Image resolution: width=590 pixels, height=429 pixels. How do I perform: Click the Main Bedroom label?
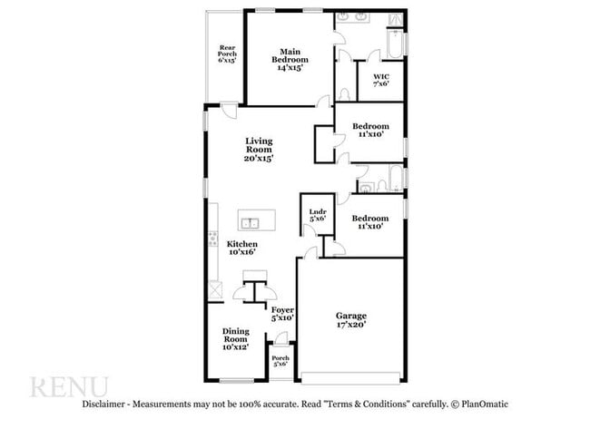(x=290, y=56)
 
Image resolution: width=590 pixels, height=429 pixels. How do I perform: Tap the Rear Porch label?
(x=227, y=54)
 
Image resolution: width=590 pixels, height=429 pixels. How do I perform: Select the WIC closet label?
(x=381, y=76)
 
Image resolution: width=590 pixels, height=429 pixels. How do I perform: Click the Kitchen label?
(x=241, y=244)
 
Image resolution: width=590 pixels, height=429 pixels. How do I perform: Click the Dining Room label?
(x=235, y=336)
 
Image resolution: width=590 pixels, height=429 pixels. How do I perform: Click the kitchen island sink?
(x=250, y=221)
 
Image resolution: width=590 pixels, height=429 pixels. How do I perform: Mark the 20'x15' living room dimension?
(x=259, y=158)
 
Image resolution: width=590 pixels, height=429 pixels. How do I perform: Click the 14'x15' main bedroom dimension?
(x=290, y=67)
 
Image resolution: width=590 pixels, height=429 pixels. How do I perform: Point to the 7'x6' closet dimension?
(x=381, y=83)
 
